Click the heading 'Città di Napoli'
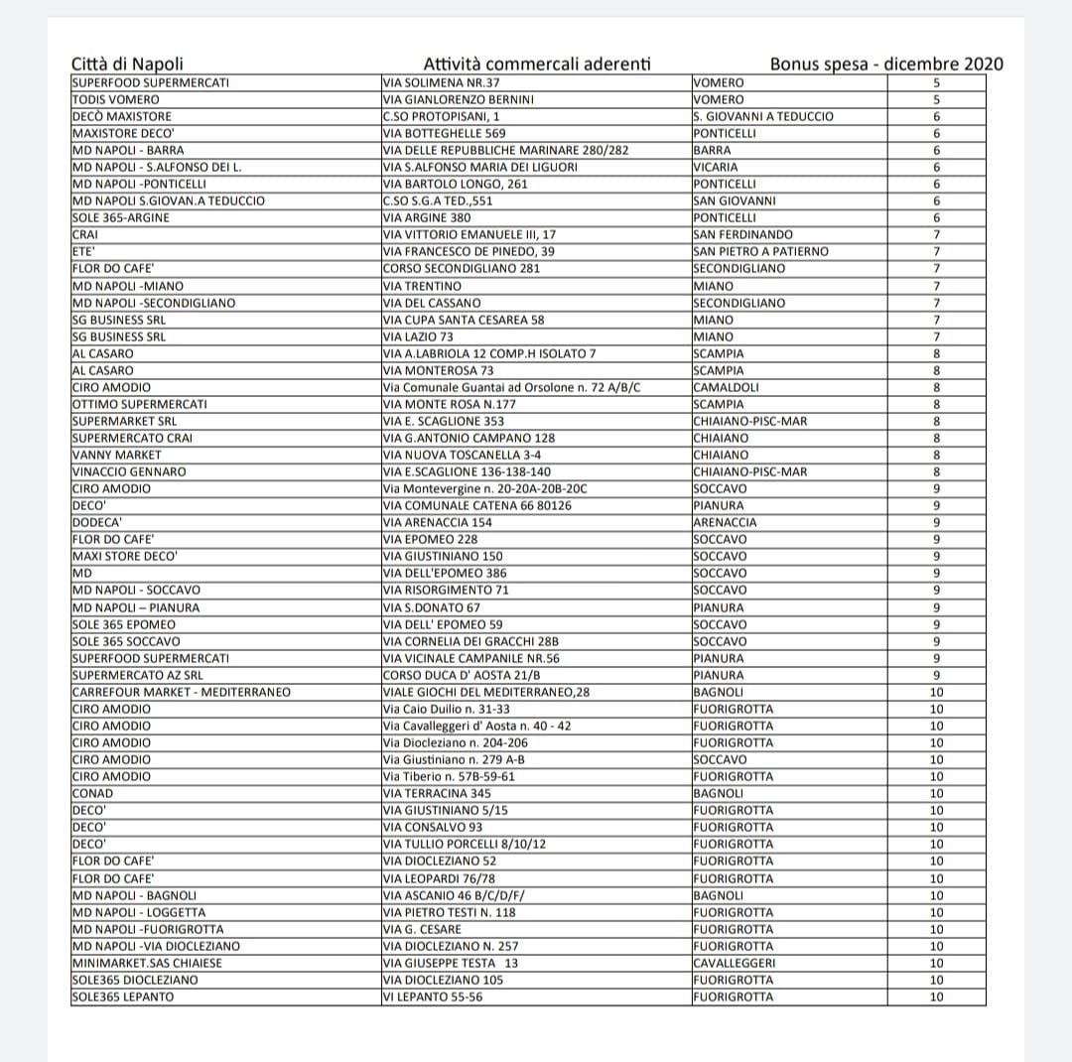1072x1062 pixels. [127, 65]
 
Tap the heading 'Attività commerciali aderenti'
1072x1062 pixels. [537, 65]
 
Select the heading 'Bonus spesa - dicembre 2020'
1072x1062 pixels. [886, 65]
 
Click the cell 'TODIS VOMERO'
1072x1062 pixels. [116, 99]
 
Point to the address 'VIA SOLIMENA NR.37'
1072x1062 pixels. [443, 82]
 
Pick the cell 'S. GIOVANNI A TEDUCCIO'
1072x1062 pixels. [763, 116]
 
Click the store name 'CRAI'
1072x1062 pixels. [85, 234]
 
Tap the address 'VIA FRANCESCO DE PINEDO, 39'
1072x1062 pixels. [469, 251]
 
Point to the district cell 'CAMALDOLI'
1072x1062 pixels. [727, 387]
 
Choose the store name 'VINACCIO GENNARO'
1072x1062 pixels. [129, 471]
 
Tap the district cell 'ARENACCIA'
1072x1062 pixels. [725, 522]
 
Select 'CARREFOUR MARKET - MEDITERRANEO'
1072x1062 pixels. [182, 692]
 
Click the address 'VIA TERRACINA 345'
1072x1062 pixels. [437, 793]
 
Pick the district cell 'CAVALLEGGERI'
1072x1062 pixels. [735, 963]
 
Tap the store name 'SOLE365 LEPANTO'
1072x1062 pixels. [123, 996]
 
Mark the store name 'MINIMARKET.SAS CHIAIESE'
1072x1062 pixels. [148, 963]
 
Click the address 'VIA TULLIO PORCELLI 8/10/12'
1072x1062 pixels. [465, 844]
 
